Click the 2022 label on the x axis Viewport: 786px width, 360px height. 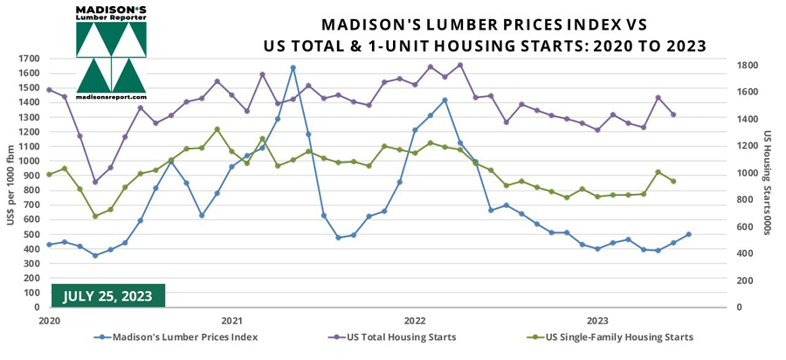click(x=414, y=320)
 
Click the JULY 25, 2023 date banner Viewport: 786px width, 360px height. click(x=108, y=295)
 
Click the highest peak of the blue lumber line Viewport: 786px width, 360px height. click(x=293, y=67)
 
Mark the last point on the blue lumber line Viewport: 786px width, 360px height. click(x=689, y=234)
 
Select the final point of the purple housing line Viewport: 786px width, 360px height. click(x=673, y=114)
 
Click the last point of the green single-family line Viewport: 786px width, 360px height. click(x=673, y=181)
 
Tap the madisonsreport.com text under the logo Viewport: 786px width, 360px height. click(x=111, y=97)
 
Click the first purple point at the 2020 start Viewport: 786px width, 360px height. click(x=49, y=89)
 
